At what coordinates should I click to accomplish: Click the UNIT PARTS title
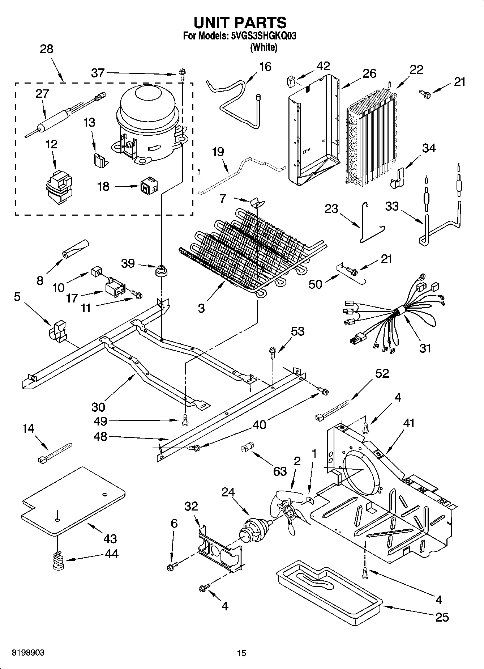(240, 22)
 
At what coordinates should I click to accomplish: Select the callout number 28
(47, 49)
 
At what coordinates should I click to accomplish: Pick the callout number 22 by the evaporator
(416, 69)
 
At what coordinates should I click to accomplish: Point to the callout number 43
(110, 538)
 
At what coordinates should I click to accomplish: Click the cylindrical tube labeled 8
(75, 249)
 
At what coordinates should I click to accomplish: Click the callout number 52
(382, 373)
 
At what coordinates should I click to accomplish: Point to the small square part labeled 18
(149, 187)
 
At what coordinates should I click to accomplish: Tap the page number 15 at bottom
(241, 653)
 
